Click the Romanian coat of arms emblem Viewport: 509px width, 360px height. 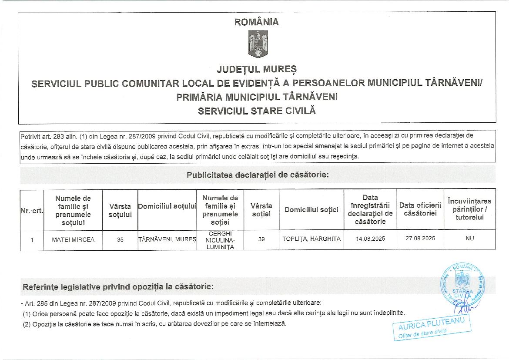[258, 45]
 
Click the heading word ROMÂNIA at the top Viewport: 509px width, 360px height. [257, 22]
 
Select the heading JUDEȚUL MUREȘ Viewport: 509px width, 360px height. [257, 70]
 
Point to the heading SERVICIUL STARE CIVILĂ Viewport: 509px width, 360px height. [257, 111]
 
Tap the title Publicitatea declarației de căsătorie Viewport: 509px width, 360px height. [258, 175]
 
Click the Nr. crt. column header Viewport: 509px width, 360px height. [32, 211]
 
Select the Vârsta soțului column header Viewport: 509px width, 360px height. [120, 210]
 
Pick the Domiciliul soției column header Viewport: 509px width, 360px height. [311, 210]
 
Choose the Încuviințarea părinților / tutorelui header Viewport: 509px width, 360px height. [469, 209]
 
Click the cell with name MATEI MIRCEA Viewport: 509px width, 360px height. [73, 239]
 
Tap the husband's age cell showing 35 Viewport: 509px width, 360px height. [120, 239]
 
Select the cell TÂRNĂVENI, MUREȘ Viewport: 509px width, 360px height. [167, 239]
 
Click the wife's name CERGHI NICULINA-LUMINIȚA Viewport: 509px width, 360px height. [220, 240]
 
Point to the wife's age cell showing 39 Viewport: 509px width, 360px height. [261, 239]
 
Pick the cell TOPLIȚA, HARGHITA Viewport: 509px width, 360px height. [311, 239]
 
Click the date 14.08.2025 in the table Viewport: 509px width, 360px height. [370, 239]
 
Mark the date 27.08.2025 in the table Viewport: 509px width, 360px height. [420, 239]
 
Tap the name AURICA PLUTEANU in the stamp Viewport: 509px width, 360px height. [429, 325]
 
